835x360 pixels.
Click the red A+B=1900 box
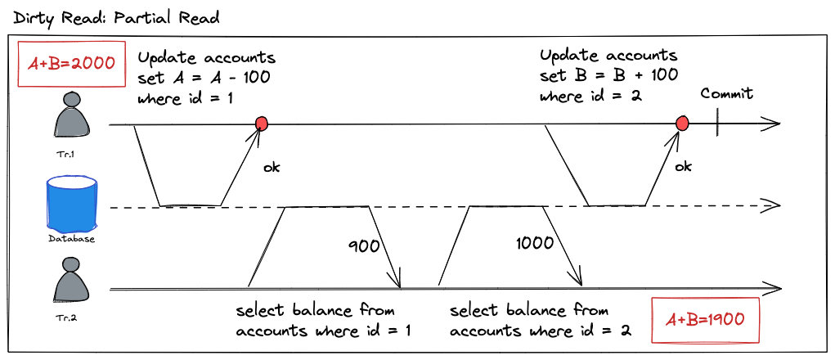(705, 319)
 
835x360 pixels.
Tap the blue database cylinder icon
(72, 208)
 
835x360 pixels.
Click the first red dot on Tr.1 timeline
(262, 124)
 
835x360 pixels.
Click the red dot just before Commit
(682, 124)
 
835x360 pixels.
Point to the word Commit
(726, 93)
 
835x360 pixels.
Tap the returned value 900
(363, 244)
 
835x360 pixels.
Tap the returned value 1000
(536, 243)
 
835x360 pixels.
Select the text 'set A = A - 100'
(204, 78)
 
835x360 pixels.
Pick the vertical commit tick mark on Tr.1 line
(716, 124)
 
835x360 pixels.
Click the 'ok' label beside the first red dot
(271, 167)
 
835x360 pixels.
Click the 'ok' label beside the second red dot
(683, 166)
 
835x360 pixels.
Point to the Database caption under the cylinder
(72, 239)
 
